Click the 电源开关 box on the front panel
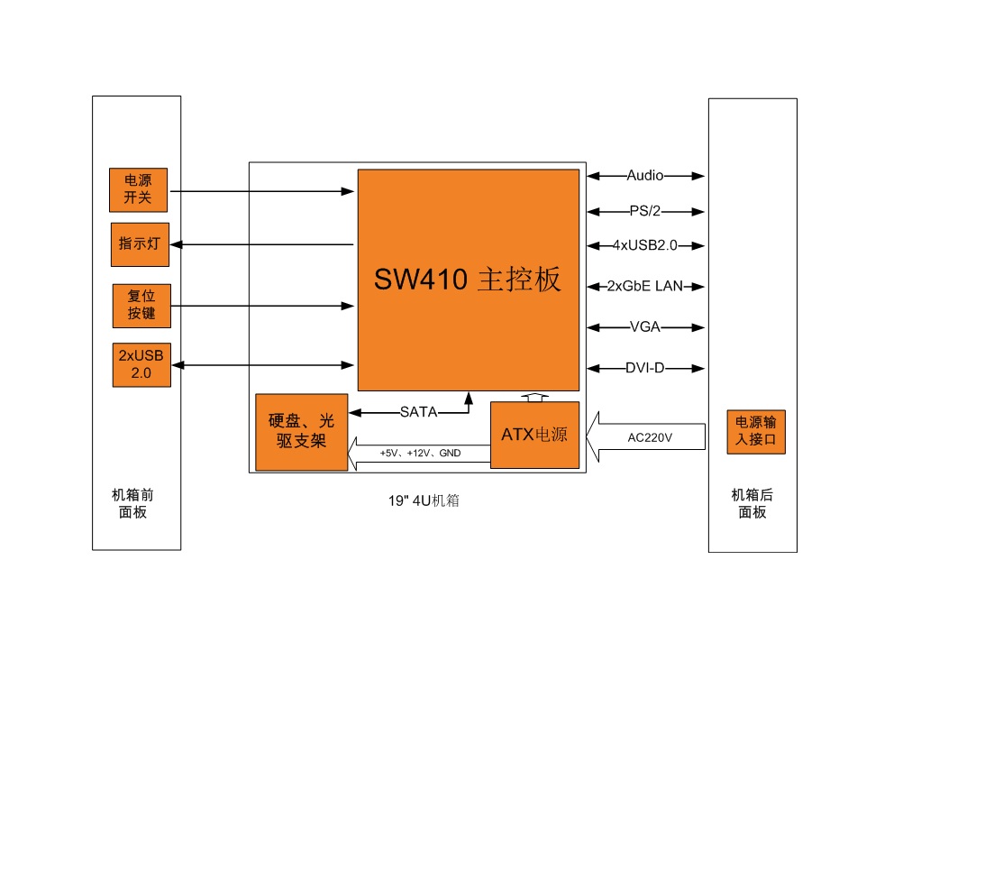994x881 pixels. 138,189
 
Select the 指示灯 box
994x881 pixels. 140,244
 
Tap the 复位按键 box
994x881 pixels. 142,306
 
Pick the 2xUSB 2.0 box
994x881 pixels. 142,364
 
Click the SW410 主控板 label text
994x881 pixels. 468,279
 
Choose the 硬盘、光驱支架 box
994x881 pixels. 302,432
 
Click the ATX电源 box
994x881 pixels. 535,436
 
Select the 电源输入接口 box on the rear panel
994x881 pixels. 756,432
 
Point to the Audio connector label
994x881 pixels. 644,176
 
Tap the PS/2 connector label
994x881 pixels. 644,211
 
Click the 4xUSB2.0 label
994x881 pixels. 644,245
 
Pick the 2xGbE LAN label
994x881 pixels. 644,286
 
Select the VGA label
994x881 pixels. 644,327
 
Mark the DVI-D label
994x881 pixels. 644,368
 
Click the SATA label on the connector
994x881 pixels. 418,412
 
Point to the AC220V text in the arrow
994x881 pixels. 650,437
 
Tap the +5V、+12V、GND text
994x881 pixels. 420,453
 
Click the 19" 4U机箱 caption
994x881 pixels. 424,500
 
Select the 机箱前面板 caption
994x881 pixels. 133,503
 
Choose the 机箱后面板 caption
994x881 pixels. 752,503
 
